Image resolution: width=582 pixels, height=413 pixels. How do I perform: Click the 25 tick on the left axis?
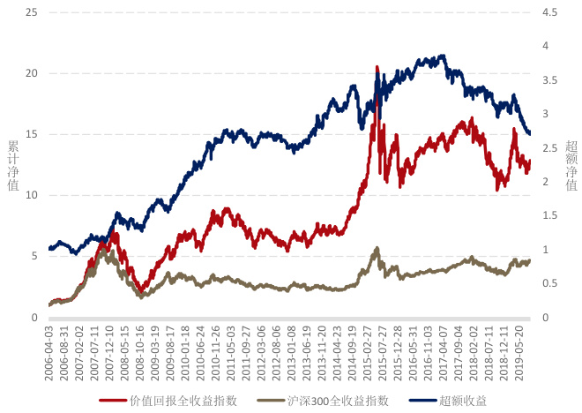33,12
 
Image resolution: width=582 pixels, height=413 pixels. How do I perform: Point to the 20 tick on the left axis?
33,73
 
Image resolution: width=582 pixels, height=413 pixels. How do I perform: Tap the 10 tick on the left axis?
33,195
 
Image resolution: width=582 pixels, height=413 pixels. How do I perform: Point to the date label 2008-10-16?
139,349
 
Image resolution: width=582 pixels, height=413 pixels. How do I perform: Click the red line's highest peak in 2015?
377,67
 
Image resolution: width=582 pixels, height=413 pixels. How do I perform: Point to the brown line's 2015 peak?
377,248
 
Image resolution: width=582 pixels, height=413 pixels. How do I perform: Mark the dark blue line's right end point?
529,134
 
